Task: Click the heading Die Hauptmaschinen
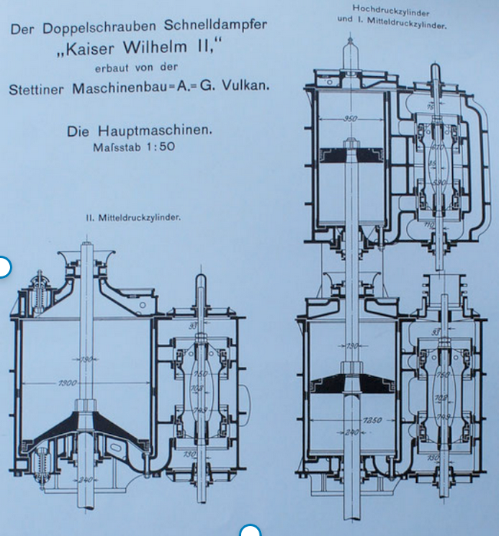coord(139,131)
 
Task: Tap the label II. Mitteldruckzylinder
coord(133,217)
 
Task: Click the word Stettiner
coord(42,87)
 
